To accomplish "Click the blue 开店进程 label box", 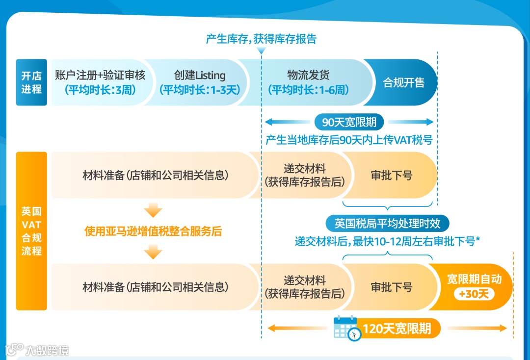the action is click(31, 82).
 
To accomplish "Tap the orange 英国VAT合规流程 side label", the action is click(31, 231).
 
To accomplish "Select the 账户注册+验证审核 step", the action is click(100, 82).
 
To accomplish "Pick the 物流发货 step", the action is click(308, 82).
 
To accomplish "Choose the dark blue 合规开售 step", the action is click(403, 82).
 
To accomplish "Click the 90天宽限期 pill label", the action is click(349, 122).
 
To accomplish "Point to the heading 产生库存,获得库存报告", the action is click(261, 39).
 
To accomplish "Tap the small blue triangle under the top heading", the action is click(261, 51).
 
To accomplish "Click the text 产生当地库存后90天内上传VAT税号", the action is click(349, 140).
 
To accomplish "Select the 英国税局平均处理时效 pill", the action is click(387, 224).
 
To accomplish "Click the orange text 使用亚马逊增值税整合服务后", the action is click(153, 231).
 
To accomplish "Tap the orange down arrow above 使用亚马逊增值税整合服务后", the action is click(153, 211).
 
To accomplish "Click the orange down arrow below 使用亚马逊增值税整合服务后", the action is click(153, 252).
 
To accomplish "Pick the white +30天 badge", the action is click(474, 294).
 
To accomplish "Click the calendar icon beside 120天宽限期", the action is click(346, 328).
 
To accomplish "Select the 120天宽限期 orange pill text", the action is click(397, 328).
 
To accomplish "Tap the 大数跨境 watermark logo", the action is click(37, 350).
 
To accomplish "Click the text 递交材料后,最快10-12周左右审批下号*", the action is click(387, 241).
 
